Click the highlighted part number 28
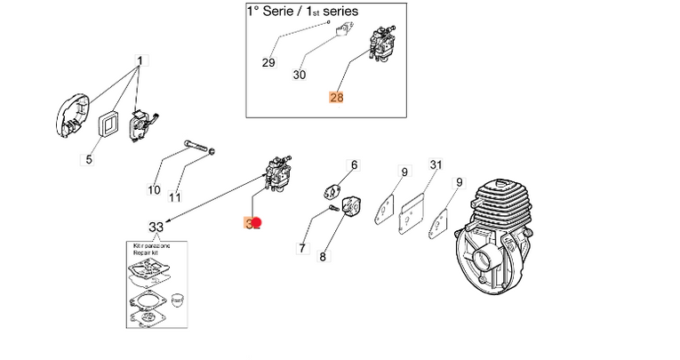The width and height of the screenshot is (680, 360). (336, 99)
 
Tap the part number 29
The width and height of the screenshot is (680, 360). (268, 62)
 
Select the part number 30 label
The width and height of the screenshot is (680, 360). (300, 76)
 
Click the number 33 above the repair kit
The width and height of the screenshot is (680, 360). (156, 227)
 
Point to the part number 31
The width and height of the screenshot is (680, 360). (436, 164)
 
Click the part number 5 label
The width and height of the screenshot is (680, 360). (88, 160)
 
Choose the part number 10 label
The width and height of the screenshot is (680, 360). (154, 190)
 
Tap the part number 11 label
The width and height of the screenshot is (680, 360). (175, 196)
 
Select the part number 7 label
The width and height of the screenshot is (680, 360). (302, 249)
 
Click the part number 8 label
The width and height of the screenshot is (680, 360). (323, 257)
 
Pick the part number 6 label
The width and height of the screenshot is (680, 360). (353, 165)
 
